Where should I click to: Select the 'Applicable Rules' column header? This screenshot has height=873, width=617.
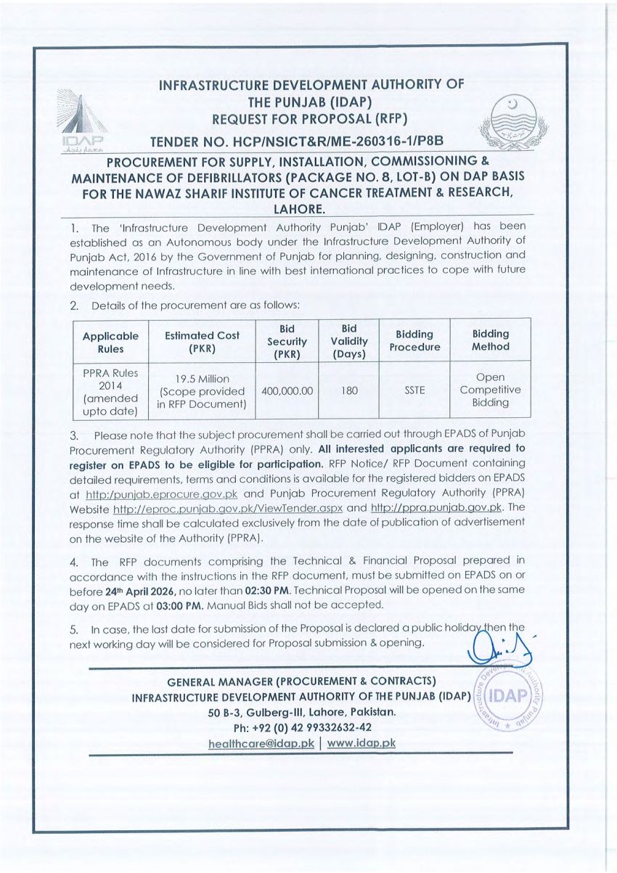point(110,342)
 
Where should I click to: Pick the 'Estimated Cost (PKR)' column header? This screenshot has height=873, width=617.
point(202,342)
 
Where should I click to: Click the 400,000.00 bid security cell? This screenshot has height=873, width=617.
point(287,390)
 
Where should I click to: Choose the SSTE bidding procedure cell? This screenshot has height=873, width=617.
point(414,390)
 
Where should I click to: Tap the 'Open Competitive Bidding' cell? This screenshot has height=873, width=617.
point(490,390)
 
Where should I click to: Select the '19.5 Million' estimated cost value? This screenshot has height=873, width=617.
point(202,379)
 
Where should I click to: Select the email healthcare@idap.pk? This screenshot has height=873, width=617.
point(261,743)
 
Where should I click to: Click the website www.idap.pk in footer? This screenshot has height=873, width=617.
point(361,743)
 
